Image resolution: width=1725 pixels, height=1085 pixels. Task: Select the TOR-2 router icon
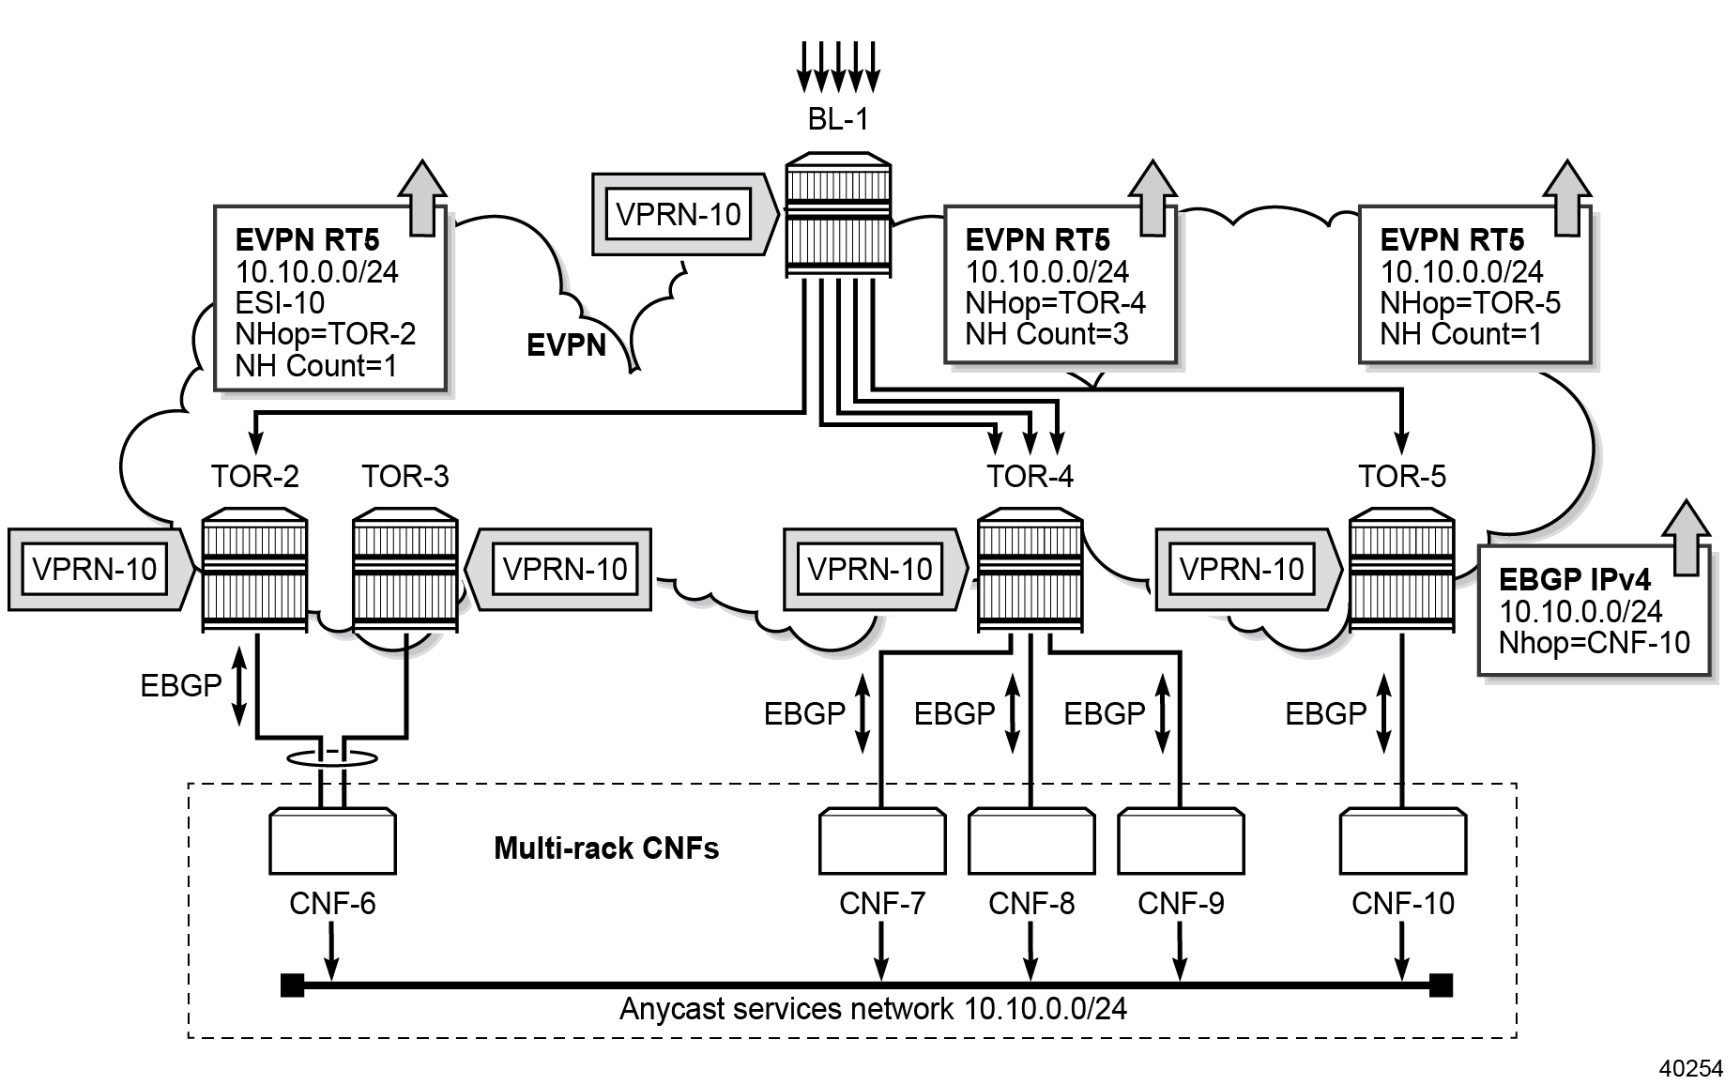(255, 569)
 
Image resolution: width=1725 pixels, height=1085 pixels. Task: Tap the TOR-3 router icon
(405, 569)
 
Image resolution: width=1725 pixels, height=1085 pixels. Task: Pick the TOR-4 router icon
(1030, 569)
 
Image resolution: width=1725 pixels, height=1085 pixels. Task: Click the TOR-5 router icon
(1401, 569)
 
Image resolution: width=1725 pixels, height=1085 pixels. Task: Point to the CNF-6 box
(332, 841)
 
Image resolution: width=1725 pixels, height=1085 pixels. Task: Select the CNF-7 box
(881, 841)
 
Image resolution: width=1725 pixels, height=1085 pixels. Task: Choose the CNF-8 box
(1030, 841)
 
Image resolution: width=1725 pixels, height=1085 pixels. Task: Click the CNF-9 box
(1181, 841)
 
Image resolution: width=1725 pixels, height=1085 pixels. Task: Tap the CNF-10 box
(1402, 841)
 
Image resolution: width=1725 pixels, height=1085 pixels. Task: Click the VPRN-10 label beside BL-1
(679, 214)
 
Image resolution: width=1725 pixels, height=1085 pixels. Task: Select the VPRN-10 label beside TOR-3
(565, 569)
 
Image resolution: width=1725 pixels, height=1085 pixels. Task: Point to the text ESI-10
(280, 302)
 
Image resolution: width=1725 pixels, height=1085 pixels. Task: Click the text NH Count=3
(1046, 333)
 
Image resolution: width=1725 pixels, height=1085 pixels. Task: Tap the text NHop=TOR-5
(1470, 302)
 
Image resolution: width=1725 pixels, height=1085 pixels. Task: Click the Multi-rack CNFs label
(606, 848)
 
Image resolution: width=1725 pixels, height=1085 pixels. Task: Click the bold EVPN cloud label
(566, 345)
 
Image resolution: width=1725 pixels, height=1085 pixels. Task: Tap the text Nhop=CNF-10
(1594, 643)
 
